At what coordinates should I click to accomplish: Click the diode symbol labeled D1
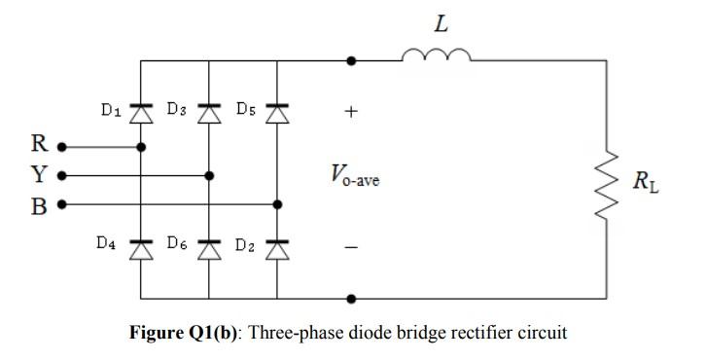coord(141,113)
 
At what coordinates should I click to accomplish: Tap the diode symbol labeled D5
coord(277,113)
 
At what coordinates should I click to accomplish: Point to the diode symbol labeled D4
coord(141,249)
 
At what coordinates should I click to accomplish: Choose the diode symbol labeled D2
coord(277,249)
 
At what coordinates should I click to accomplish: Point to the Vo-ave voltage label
coord(354,176)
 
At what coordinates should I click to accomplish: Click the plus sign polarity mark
coord(351,112)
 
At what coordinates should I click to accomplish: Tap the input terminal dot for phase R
coord(62,147)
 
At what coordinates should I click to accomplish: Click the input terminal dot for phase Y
coord(62,176)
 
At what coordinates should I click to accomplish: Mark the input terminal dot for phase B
coord(62,205)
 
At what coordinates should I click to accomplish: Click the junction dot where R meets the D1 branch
coord(141,147)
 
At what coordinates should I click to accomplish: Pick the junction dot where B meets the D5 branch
coord(277,205)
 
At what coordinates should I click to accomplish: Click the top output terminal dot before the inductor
coord(351,60)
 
